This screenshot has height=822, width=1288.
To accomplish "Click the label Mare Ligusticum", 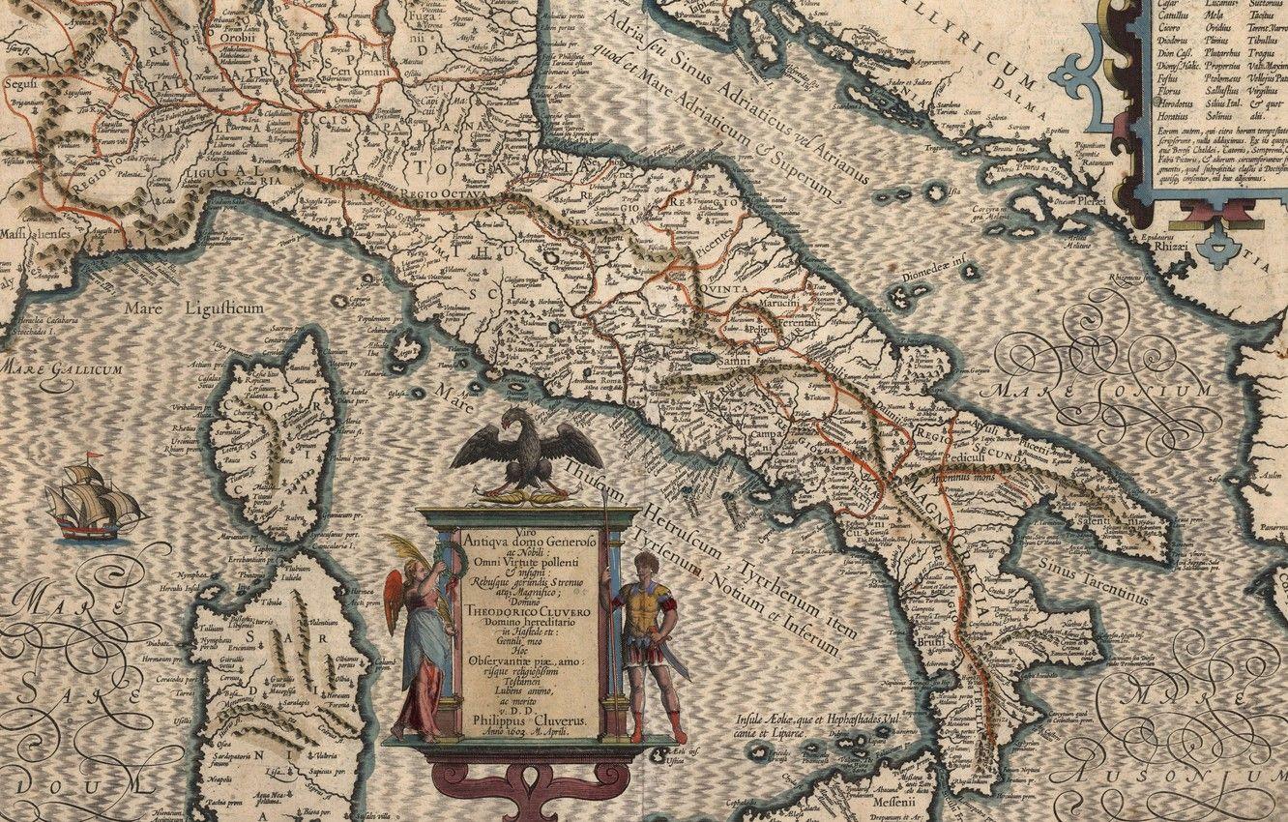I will (193, 308).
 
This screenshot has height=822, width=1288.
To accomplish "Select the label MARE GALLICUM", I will (60, 369).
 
